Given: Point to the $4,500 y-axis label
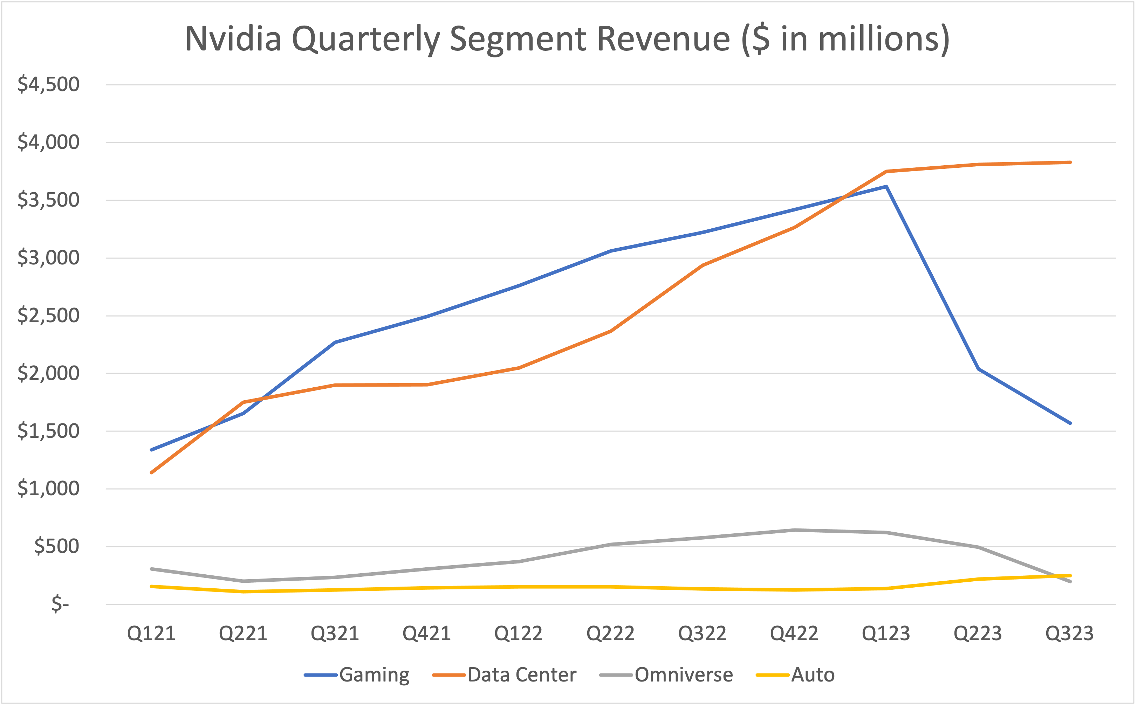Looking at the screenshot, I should (x=48, y=84).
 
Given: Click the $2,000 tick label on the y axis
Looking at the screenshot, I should (x=48, y=373).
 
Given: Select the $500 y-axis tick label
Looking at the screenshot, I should (x=56, y=546).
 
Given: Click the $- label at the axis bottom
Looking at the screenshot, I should (x=60, y=604).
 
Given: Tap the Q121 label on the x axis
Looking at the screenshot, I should (x=151, y=634).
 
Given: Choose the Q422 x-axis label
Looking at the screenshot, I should (x=794, y=634).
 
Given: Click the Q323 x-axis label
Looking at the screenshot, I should (x=1069, y=634).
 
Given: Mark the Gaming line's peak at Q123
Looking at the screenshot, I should (x=886, y=187).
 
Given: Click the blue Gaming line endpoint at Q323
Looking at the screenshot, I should (x=1070, y=423).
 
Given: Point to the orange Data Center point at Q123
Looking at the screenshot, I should (x=886, y=171).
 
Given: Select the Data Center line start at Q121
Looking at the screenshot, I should (x=151, y=472).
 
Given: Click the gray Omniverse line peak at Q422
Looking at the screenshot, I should (x=794, y=530).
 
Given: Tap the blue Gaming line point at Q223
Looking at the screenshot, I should (x=978, y=369).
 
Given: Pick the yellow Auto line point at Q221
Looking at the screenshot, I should (x=244, y=591).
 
